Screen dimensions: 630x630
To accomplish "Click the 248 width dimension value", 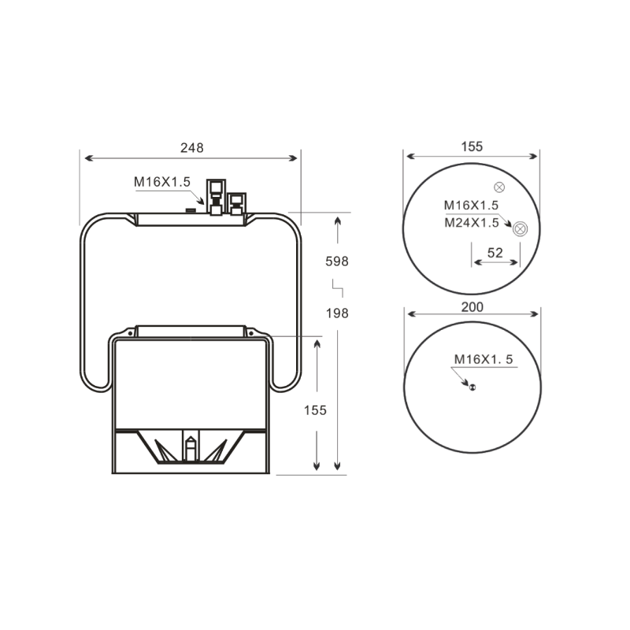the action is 192,148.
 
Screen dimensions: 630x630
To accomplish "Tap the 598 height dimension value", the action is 337,261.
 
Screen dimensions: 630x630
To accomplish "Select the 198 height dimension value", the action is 337,313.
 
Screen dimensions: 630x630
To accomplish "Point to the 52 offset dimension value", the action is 495,253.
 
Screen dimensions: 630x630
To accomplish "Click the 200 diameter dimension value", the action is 472,307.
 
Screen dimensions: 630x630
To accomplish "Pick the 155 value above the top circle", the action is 472,146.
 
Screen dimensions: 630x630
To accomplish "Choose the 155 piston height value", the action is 315,410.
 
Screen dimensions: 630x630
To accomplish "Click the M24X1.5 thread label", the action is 471,223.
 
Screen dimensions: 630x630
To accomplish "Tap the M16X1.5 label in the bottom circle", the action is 484,359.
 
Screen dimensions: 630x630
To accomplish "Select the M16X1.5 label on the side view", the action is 162,182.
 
